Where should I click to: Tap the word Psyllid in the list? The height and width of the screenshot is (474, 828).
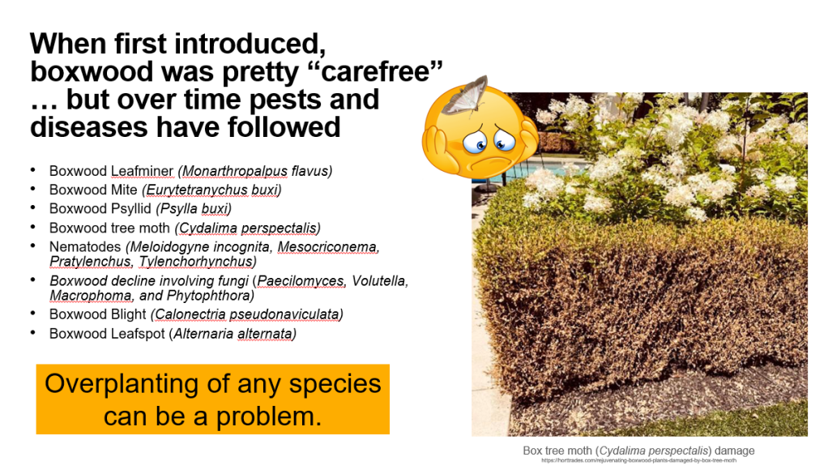pos(131,208)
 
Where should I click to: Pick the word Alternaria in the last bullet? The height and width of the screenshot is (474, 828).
pos(206,333)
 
